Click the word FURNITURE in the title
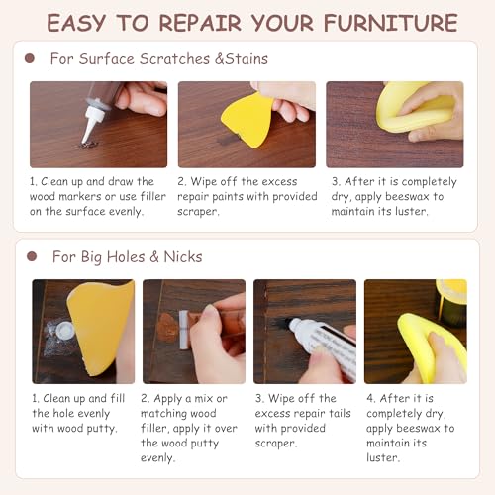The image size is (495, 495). pyautogui.click(x=391, y=23)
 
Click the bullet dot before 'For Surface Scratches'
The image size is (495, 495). pyautogui.click(x=30, y=58)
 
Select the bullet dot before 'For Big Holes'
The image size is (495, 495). pyautogui.click(x=32, y=256)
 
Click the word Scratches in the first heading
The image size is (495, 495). pyautogui.click(x=174, y=59)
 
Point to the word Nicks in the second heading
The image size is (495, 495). pyautogui.click(x=183, y=256)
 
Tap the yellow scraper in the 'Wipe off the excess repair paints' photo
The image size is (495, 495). pyautogui.click(x=247, y=120)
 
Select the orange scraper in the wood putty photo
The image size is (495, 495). pyautogui.click(x=99, y=327)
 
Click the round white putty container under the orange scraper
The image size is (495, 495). pyautogui.click(x=65, y=330)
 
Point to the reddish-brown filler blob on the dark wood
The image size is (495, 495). pyautogui.click(x=167, y=327)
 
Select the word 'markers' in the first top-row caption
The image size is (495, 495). pyautogui.click(x=79, y=196)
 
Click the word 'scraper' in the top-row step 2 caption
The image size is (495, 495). pyautogui.click(x=198, y=212)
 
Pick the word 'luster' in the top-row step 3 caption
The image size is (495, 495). pyautogui.click(x=412, y=211)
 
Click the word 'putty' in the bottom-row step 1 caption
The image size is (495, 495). pyautogui.click(x=102, y=429)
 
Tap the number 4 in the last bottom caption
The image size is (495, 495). pyautogui.click(x=370, y=398)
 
